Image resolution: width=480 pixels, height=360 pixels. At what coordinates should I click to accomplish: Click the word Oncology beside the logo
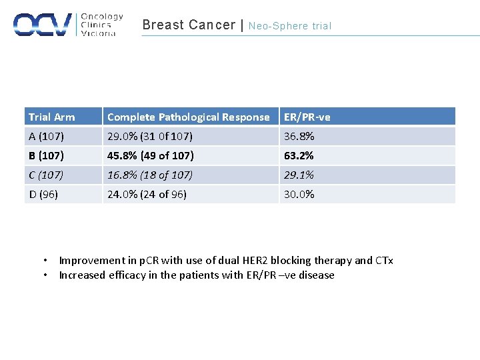[x=101, y=17]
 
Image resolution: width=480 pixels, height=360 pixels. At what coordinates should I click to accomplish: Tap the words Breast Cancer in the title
[x=189, y=25]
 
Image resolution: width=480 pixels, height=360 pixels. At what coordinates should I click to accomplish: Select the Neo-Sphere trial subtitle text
[x=290, y=26]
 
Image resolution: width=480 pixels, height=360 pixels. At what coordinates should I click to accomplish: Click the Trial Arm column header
[x=51, y=117]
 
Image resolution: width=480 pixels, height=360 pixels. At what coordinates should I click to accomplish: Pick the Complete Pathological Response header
[x=188, y=117]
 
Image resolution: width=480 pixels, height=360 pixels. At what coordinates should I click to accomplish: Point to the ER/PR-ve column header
[x=307, y=117]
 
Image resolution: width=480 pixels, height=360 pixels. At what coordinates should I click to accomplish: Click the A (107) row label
[x=46, y=137]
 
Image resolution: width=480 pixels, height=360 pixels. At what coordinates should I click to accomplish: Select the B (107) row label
[x=46, y=156]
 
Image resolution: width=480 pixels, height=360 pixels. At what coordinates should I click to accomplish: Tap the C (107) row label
[x=46, y=175]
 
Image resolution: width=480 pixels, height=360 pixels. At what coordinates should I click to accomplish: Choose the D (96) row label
[x=43, y=195]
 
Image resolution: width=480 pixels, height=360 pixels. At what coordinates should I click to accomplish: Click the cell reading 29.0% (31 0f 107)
[x=150, y=137]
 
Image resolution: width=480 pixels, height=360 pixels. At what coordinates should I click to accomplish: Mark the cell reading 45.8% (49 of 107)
[x=151, y=156]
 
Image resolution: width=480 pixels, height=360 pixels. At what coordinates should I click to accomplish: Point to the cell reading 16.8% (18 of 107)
[x=150, y=175]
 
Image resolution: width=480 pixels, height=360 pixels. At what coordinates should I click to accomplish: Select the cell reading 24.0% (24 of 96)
[x=147, y=195]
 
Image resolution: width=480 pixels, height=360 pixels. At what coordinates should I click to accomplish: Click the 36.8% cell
[x=299, y=137]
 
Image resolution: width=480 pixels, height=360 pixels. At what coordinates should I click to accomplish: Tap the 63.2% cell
[x=299, y=156]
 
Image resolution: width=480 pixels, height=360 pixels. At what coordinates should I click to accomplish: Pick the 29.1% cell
[x=299, y=175]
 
